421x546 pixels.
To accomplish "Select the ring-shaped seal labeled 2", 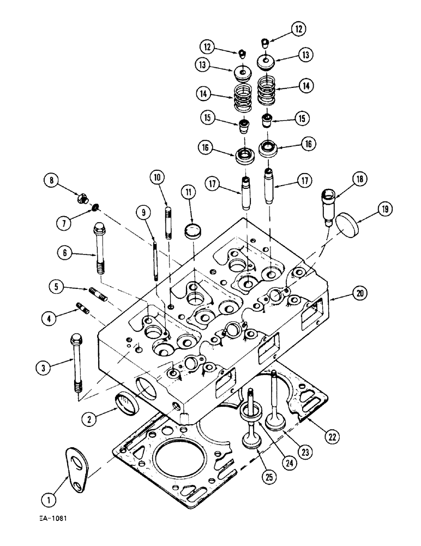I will pyautogui.click(x=126, y=406).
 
